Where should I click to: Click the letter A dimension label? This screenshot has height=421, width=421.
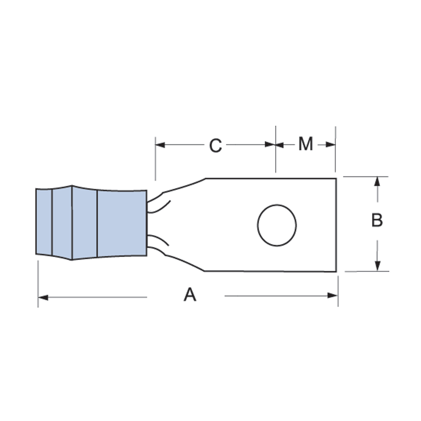click(190, 294)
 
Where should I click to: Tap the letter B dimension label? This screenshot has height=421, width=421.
click(377, 220)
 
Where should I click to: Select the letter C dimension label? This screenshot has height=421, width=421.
click(215, 146)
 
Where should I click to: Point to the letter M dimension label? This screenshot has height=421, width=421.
click(305, 144)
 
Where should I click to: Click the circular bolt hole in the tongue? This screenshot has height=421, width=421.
click(277, 225)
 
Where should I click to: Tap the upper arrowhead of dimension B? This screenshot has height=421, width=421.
click(377, 182)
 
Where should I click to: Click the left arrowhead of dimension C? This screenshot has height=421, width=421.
click(160, 145)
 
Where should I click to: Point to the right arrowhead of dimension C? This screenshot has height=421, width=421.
click(270, 145)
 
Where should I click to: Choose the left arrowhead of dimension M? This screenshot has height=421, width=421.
click(280, 145)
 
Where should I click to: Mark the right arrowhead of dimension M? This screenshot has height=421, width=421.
click(330, 145)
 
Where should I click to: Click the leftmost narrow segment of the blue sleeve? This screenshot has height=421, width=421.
click(44, 222)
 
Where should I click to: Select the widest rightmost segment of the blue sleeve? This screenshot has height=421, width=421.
click(122, 223)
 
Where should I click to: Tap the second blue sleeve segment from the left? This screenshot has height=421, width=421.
click(62, 222)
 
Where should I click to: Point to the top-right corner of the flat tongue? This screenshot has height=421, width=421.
click(336, 179)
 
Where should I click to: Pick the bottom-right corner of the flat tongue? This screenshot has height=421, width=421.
click(336, 271)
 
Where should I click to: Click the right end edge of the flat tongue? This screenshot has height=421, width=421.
click(336, 225)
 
